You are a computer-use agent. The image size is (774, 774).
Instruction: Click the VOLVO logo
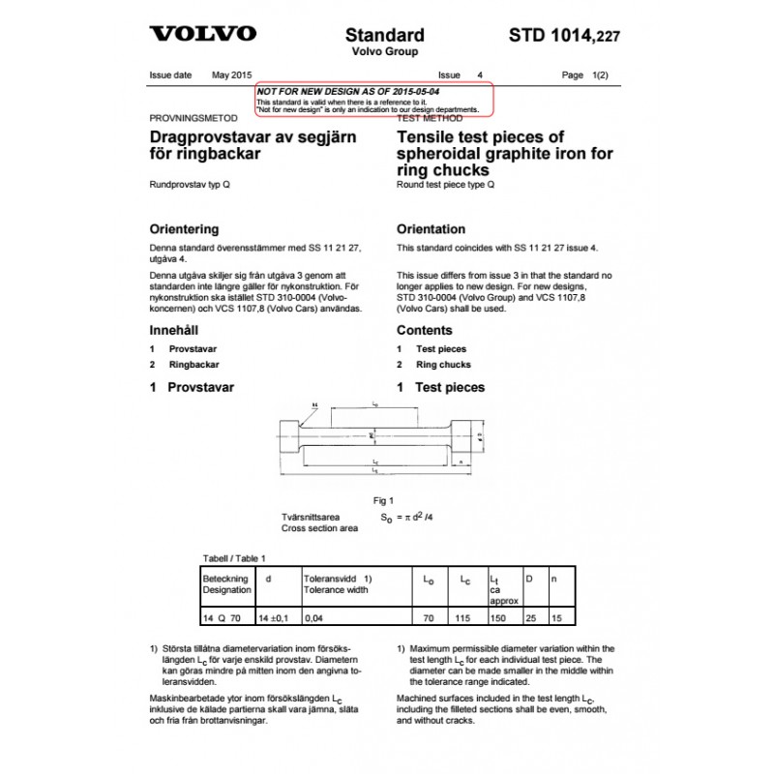click(x=202, y=35)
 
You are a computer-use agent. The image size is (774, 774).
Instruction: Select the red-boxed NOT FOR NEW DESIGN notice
click(x=373, y=99)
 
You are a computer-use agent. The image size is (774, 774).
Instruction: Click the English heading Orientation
click(x=432, y=229)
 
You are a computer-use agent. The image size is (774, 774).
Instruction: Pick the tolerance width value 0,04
click(x=314, y=614)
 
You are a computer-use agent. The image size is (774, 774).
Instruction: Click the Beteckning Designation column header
click(x=225, y=582)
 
